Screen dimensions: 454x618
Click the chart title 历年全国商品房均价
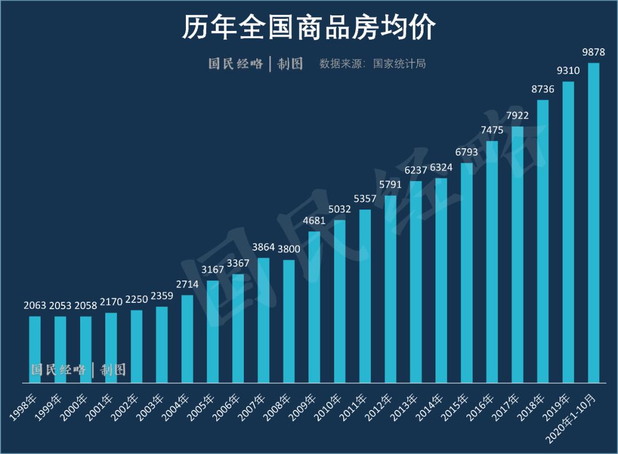click(309, 27)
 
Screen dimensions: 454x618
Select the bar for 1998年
click(35, 349)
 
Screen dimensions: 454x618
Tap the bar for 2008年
click(289, 321)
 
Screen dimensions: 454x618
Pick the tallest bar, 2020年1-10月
click(593, 223)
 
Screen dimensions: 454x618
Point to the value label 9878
click(593, 52)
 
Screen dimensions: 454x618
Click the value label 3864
click(264, 247)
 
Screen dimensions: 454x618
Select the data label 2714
click(187, 285)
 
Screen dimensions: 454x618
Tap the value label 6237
click(416, 170)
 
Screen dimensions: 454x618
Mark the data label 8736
click(543, 89)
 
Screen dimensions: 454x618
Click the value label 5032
click(340, 210)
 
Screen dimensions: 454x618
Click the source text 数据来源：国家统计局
click(373, 64)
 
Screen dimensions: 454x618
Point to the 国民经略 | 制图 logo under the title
click(255, 64)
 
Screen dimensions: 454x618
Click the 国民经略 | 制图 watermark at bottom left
click(78, 370)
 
